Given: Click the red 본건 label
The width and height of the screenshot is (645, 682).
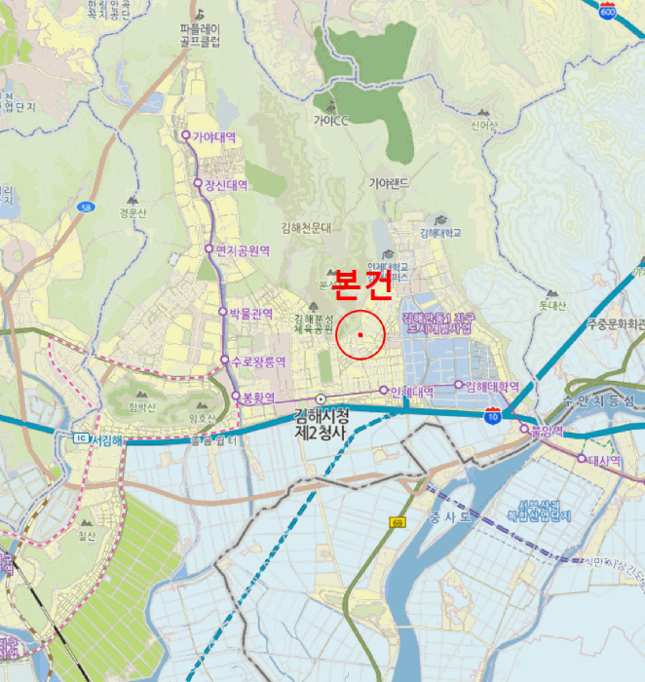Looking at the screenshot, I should [x=361, y=284].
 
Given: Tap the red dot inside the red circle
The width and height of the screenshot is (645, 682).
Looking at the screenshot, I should [x=360, y=335].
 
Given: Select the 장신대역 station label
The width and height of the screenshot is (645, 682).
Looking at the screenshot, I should [x=225, y=184].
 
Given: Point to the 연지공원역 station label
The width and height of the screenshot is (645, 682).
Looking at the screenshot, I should [x=242, y=250].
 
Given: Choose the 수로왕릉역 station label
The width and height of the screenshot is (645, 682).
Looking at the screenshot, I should [x=258, y=361].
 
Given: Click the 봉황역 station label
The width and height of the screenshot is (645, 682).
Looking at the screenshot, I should [x=258, y=398].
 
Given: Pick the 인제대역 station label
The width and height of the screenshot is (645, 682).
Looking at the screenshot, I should [x=411, y=391].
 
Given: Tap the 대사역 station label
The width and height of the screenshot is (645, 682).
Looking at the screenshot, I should [x=604, y=460].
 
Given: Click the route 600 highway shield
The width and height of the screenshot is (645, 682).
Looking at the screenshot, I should [x=609, y=12].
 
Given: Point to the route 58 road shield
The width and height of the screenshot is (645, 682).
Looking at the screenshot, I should [x=87, y=208].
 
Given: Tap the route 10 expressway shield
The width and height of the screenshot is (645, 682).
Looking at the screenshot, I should [x=494, y=416].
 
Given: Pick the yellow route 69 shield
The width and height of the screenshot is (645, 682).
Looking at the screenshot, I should [x=398, y=523].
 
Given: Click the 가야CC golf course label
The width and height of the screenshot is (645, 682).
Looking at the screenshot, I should [x=330, y=122].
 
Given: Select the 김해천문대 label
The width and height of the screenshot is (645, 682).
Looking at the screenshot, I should [x=306, y=228].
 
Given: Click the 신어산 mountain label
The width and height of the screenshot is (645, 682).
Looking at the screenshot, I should [x=484, y=125].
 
